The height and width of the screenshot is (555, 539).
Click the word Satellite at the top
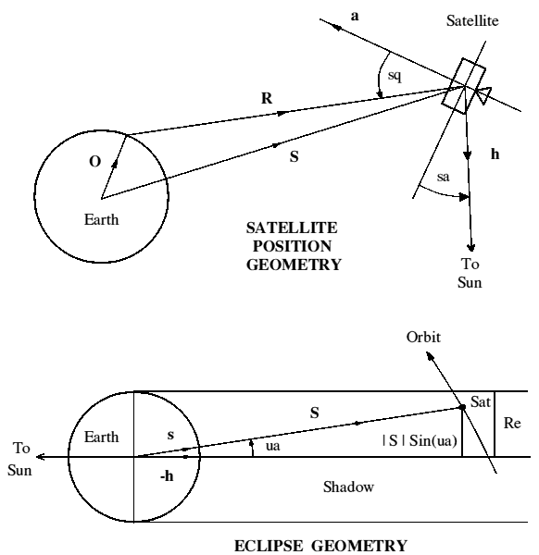[x=472, y=20]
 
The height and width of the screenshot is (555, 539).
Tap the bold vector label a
[x=355, y=17]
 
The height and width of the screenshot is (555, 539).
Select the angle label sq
[x=395, y=76]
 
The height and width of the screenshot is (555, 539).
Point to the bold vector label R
[x=267, y=98]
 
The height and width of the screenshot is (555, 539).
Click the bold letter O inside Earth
[x=95, y=161]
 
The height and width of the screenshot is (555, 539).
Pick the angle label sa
[x=443, y=177]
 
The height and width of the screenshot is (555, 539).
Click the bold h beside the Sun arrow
[x=495, y=154]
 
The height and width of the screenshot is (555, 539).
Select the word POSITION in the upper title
[x=293, y=246]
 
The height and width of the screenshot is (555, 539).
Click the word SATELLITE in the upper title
[x=292, y=228]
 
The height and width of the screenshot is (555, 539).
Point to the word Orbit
[x=423, y=337]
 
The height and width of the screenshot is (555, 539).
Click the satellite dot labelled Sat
[x=462, y=407]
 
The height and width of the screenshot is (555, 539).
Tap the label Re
[x=512, y=423]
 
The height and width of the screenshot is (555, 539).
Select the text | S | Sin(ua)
[x=420, y=441]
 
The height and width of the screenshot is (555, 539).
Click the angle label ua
[x=272, y=446]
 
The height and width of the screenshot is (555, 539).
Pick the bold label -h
[x=167, y=476]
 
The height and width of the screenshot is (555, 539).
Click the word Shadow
[x=348, y=487]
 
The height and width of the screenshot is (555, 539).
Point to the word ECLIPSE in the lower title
[x=269, y=546]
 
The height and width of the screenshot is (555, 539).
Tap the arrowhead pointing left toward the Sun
[x=40, y=457]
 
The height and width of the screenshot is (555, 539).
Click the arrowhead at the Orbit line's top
[x=429, y=355]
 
